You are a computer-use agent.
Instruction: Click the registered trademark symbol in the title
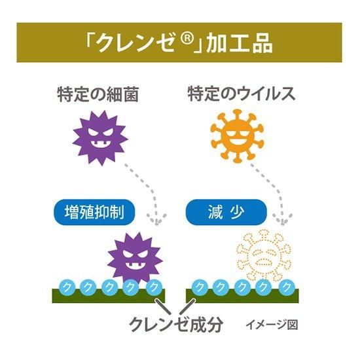187,39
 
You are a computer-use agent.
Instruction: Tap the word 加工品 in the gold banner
240,44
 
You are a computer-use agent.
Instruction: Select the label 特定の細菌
98,94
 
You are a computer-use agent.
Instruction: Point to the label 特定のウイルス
242,94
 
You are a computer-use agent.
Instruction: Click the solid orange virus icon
237,136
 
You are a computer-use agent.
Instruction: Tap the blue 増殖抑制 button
94,212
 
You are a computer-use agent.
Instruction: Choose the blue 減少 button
226,212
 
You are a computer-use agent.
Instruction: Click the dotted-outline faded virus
264,255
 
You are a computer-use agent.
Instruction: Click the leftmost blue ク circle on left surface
67,287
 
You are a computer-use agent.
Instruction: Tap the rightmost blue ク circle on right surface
286,287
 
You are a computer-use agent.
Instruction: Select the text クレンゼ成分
176,324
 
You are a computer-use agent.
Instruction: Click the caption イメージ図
272,325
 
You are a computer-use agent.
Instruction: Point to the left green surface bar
109,296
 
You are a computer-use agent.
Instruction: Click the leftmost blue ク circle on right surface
199,287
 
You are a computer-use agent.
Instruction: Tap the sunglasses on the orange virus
237,133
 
